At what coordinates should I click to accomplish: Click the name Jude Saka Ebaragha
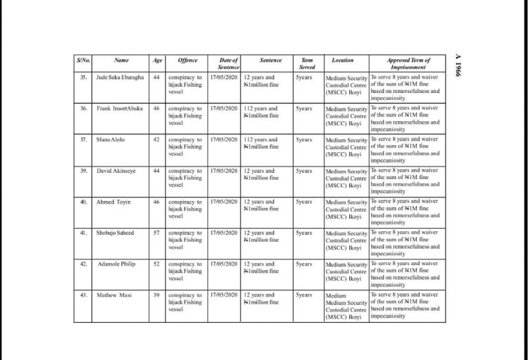pyautogui.click(x=121, y=77)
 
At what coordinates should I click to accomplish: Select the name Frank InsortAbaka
pyautogui.click(x=119, y=108)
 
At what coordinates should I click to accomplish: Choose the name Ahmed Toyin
pyautogui.click(x=114, y=202)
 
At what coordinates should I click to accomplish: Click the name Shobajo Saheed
pyautogui.click(x=115, y=233)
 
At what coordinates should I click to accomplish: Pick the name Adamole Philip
pyautogui.click(x=116, y=264)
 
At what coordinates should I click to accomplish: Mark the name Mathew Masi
pyautogui.click(x=114, y=295)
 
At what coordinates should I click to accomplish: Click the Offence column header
pyautogui.click(x=187, y=61)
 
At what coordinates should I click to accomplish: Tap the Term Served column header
pyautogui.click(x=307, y=63)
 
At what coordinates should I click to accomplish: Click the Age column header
pyautogui.click(x=157, y=61)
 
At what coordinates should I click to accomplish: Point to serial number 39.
pyautogui.click(x=83, y=171)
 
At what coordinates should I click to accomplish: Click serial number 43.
pyautogui.click(x=83, y=295)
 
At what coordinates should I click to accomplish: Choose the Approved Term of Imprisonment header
pyautogui.click(x=408, y=63)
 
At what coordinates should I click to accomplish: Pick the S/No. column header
pyautogui.click(x=83, y=61)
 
